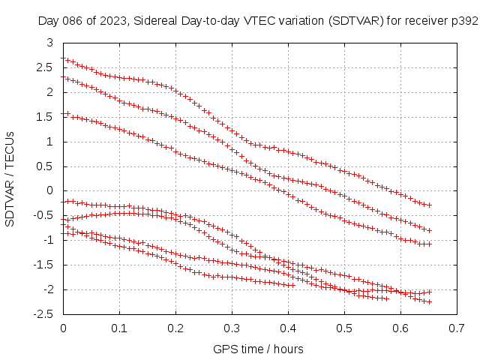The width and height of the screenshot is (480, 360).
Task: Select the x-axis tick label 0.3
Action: coord(232,328)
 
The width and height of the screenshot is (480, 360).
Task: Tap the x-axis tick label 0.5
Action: coord(345,328)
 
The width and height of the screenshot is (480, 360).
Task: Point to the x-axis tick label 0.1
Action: coord(120,328)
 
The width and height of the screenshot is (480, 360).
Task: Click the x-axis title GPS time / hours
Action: coord(258,349)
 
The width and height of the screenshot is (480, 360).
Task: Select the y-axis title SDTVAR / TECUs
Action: coord(10,178)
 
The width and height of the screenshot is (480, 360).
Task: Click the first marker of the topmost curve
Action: coord(64,58)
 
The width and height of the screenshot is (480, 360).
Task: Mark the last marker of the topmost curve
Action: coord(430,205)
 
